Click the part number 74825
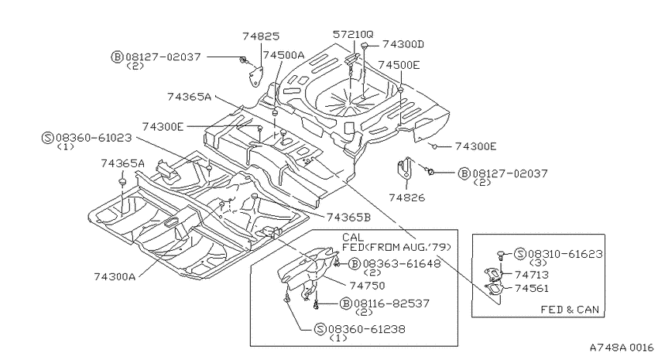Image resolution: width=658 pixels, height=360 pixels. tap(261, 36)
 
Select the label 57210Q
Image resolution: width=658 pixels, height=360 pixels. tap(353, 34)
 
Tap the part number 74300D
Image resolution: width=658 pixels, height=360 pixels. tap(403, 44)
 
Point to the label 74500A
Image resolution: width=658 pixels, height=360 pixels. tap(283, 55)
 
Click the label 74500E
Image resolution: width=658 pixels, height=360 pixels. tap(399, 65)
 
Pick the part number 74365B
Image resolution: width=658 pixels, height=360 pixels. tap(348, 218)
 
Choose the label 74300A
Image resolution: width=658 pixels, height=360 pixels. tap(115, 277)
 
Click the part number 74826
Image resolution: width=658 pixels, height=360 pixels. tap(406, 197)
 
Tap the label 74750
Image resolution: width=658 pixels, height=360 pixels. tap(367, 286)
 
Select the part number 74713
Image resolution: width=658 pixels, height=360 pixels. tap(532, 275)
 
